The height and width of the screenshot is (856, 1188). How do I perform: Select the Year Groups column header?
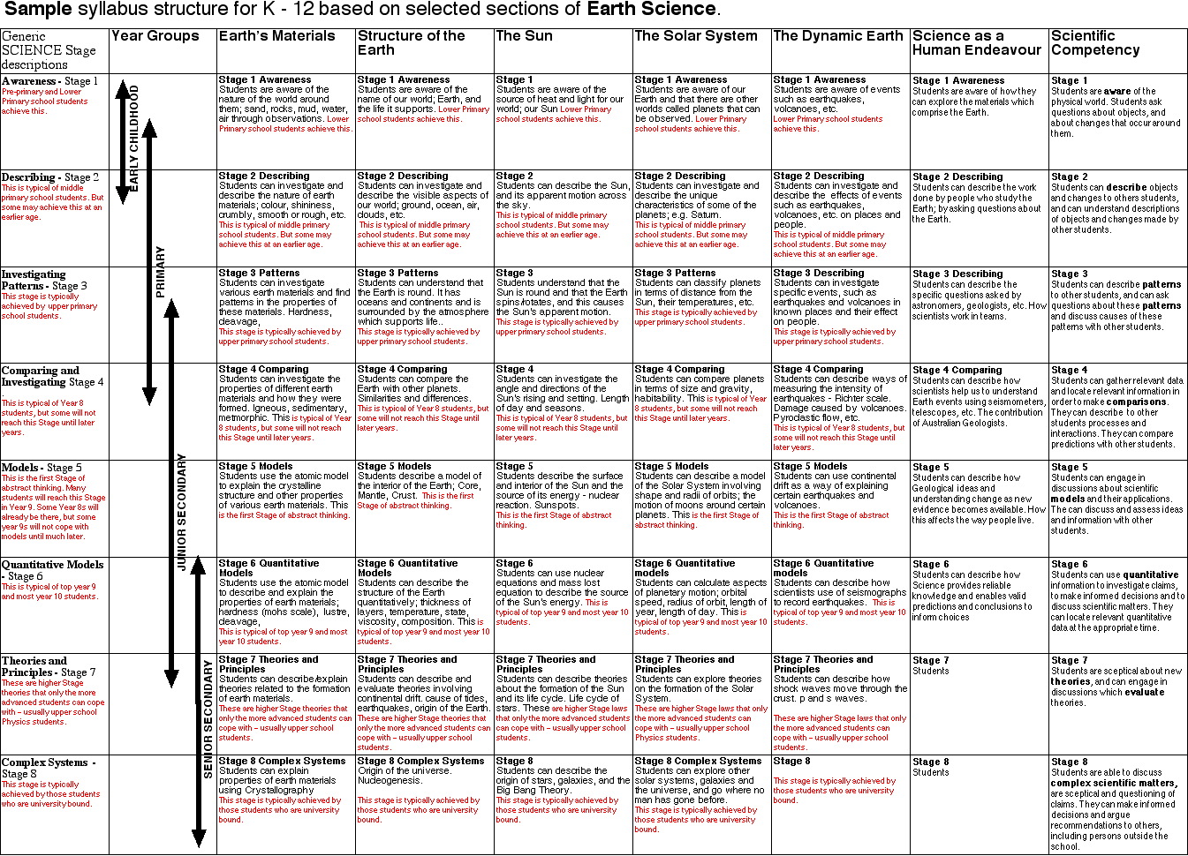[155, 36]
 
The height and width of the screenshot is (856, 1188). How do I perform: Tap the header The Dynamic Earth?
[837, 36]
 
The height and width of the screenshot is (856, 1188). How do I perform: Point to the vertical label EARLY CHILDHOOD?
[134, 137]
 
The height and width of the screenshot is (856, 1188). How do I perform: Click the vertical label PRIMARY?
[161, 272]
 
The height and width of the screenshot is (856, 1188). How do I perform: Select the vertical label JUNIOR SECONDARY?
[182, 512]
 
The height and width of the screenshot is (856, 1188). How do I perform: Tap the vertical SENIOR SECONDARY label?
[208, 719]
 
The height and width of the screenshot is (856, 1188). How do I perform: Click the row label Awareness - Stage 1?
[49, 81]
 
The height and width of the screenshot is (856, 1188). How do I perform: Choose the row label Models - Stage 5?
[42, 468]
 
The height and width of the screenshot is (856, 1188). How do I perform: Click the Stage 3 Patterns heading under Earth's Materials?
[259, 274]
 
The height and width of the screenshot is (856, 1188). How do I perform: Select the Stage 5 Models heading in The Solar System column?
[671, 466]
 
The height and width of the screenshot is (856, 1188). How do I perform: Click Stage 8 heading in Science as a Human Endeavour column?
[931, 762]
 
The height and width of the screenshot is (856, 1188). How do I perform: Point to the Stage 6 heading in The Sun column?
[514, 563]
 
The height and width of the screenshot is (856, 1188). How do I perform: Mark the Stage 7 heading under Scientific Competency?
[1069, 660]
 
